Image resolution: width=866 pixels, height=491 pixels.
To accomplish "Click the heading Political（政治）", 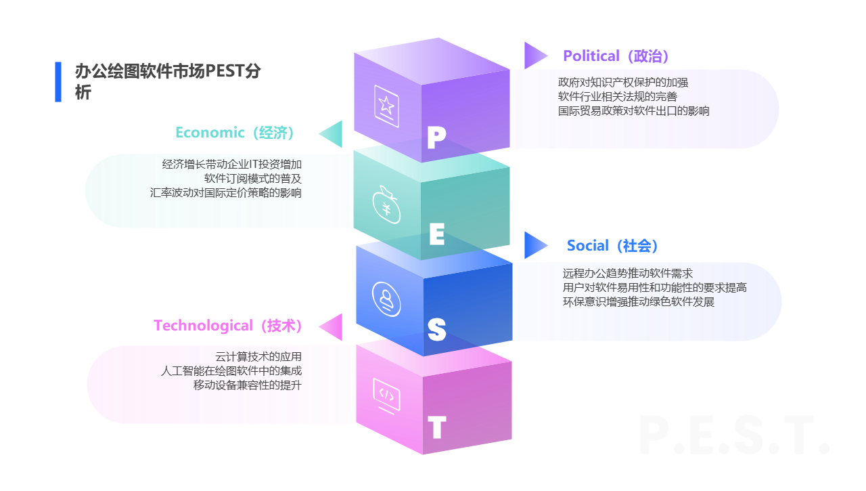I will (616, 56).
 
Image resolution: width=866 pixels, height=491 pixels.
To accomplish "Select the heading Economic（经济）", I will (235, 133).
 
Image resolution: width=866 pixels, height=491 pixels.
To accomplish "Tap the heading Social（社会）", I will (612, 246).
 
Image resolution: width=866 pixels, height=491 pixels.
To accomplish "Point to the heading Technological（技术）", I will (227, 326).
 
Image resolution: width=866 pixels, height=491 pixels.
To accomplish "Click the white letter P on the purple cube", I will (436, 138).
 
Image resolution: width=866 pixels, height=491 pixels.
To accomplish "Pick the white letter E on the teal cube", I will (437, 234).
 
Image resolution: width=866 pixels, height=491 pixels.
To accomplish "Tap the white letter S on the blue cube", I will (437, 330).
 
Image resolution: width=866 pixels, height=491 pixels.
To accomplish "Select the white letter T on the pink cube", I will (437, 427).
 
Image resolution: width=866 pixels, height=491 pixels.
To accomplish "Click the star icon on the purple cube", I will (386, 106).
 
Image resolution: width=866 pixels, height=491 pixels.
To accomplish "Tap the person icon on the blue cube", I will (386, 298).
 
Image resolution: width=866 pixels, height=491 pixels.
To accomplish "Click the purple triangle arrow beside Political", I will (534, 56).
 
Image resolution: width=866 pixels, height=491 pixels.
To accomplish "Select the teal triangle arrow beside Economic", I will (332, 133).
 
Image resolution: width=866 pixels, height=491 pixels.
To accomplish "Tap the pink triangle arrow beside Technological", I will (332, 326).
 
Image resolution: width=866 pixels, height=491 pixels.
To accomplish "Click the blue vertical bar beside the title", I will (58, 82).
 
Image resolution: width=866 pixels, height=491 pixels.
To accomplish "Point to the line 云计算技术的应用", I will (258, 356).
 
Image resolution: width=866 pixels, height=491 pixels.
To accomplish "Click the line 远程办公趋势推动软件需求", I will (627, 274).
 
